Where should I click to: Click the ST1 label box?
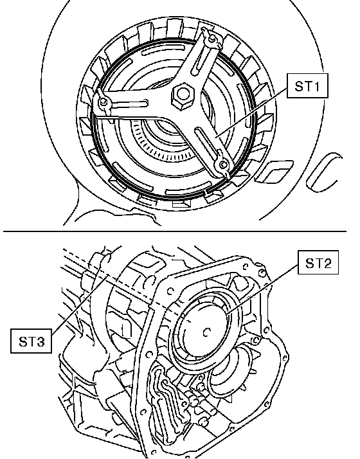(x=307, y=85)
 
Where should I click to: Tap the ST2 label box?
(x=318, y=262)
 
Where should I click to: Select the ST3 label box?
(x=32, y=341)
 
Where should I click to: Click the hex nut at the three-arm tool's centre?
(x=183, y=94)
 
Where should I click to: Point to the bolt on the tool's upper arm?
(x=213, y=38)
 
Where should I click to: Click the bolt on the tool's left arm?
(x=104, y=102)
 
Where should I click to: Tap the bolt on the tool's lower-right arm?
(x=223, y=165)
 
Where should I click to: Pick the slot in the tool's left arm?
(x=128, y=103)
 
